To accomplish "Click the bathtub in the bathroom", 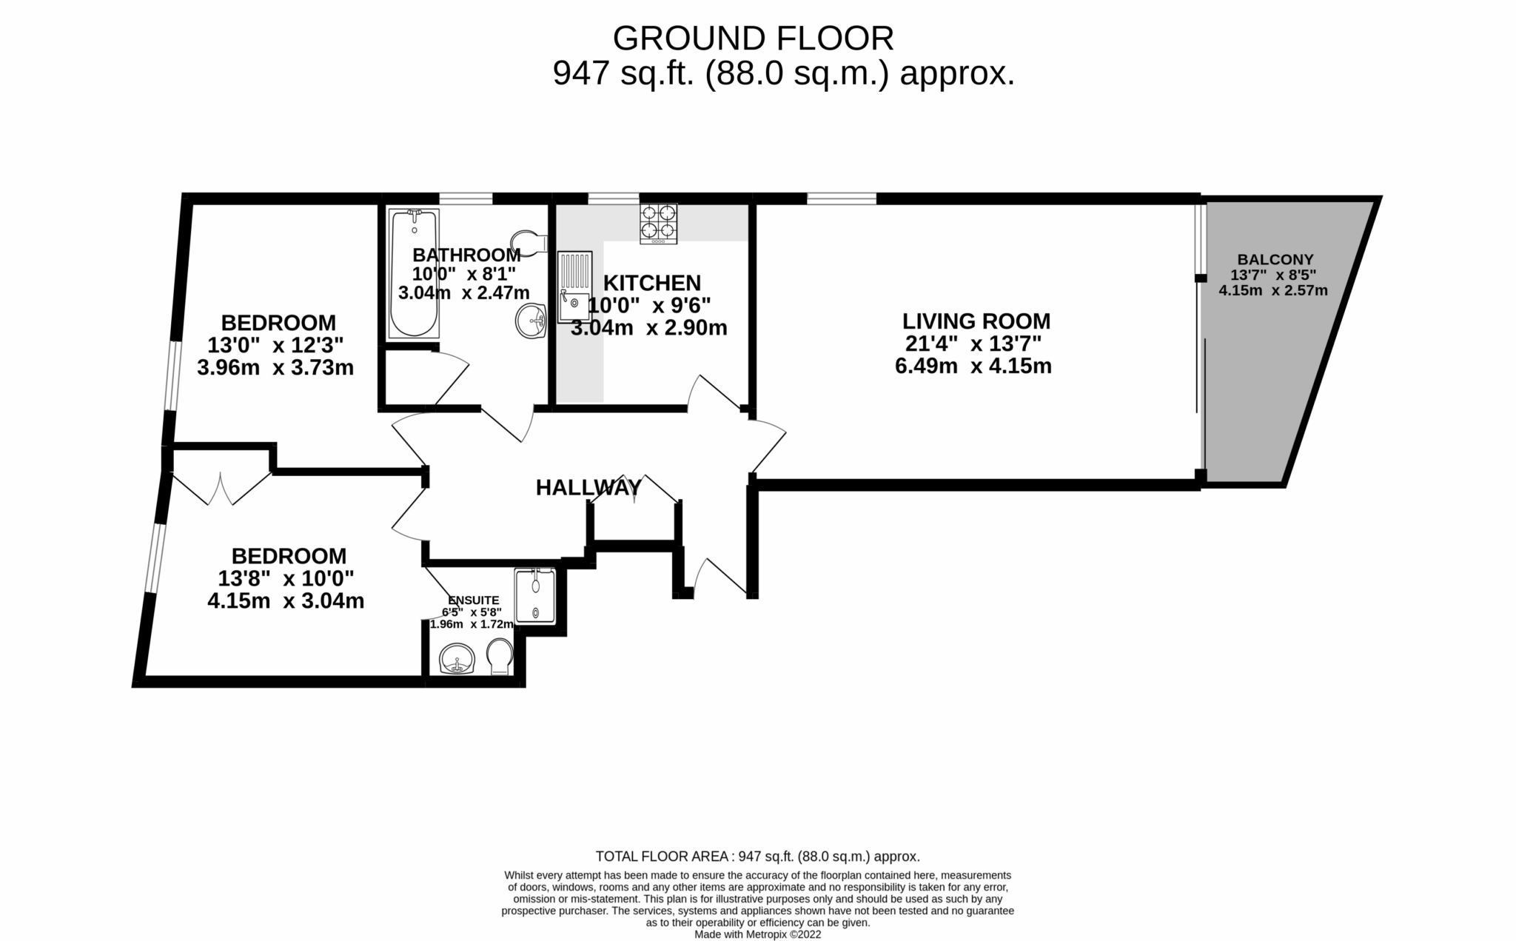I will point(414,274).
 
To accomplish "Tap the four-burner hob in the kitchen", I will point(658,223).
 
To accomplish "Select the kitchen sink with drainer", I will point(575,287).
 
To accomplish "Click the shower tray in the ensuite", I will point(535,596).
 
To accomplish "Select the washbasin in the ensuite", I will point(457,658).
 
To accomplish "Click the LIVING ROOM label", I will point(976,321).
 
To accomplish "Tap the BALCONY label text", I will point(1275,260).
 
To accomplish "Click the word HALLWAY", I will point(588,488).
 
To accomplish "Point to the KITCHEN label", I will point(651,283).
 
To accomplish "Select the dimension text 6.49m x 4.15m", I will point(973,366).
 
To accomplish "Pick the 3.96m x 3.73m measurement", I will point(275,367).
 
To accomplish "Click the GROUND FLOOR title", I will point(753,38).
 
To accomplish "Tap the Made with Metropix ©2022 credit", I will point(757,934).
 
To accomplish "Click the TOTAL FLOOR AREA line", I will point(757,857).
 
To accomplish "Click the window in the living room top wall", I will point(841,198).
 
